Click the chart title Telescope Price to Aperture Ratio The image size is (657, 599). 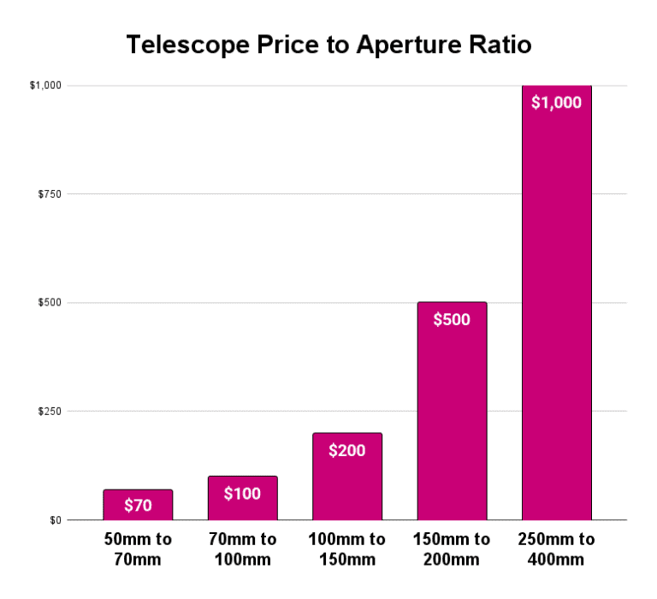click(x=328, y=45)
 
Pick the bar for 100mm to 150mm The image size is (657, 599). click(x=346, y=483)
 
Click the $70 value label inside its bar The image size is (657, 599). click(x=138, y=505)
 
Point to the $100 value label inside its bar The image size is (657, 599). click(x=242, y=493)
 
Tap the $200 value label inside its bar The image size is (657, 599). click(x=346, y=450)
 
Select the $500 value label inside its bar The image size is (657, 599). click(x=452, y=319)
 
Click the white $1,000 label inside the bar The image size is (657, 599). click(x=556, y=103)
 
